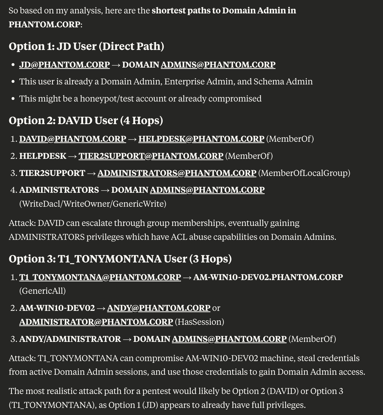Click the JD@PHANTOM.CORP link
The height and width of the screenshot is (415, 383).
[x=64, y=65]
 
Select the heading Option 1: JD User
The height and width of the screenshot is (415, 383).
[x=86, y=46]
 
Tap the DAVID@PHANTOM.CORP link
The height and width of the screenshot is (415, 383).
[x=73, y=139]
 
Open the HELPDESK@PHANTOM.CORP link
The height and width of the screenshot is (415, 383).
[x=201, y=139]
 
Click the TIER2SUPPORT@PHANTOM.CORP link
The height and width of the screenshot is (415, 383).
[x=151, y=156]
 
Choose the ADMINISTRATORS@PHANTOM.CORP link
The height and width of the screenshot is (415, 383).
[x=177, y=173]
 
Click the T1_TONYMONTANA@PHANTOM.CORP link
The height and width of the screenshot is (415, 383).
[x=100, y=277]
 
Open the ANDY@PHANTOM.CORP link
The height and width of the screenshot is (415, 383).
[x=159, y=308]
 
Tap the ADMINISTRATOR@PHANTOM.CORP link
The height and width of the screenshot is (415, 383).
[x=96, y=322]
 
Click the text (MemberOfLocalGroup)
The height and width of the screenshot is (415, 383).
[x=304, y=173]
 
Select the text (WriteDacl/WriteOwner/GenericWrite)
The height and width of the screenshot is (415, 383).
[x=93, y=204]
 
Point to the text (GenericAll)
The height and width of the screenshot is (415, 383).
[x=42, y=291]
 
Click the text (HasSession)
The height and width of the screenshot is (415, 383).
[x=199, y=322]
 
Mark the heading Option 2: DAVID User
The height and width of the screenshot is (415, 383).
[x=86, y=120]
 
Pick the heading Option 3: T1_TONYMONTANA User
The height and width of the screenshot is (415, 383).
[x=120, y=259]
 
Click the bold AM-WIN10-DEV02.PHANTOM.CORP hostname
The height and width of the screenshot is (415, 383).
[x=268, y=277]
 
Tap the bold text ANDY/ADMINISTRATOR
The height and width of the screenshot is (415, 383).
[x=70, y=339]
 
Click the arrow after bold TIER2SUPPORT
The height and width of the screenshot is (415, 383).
[x=91, y=173]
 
